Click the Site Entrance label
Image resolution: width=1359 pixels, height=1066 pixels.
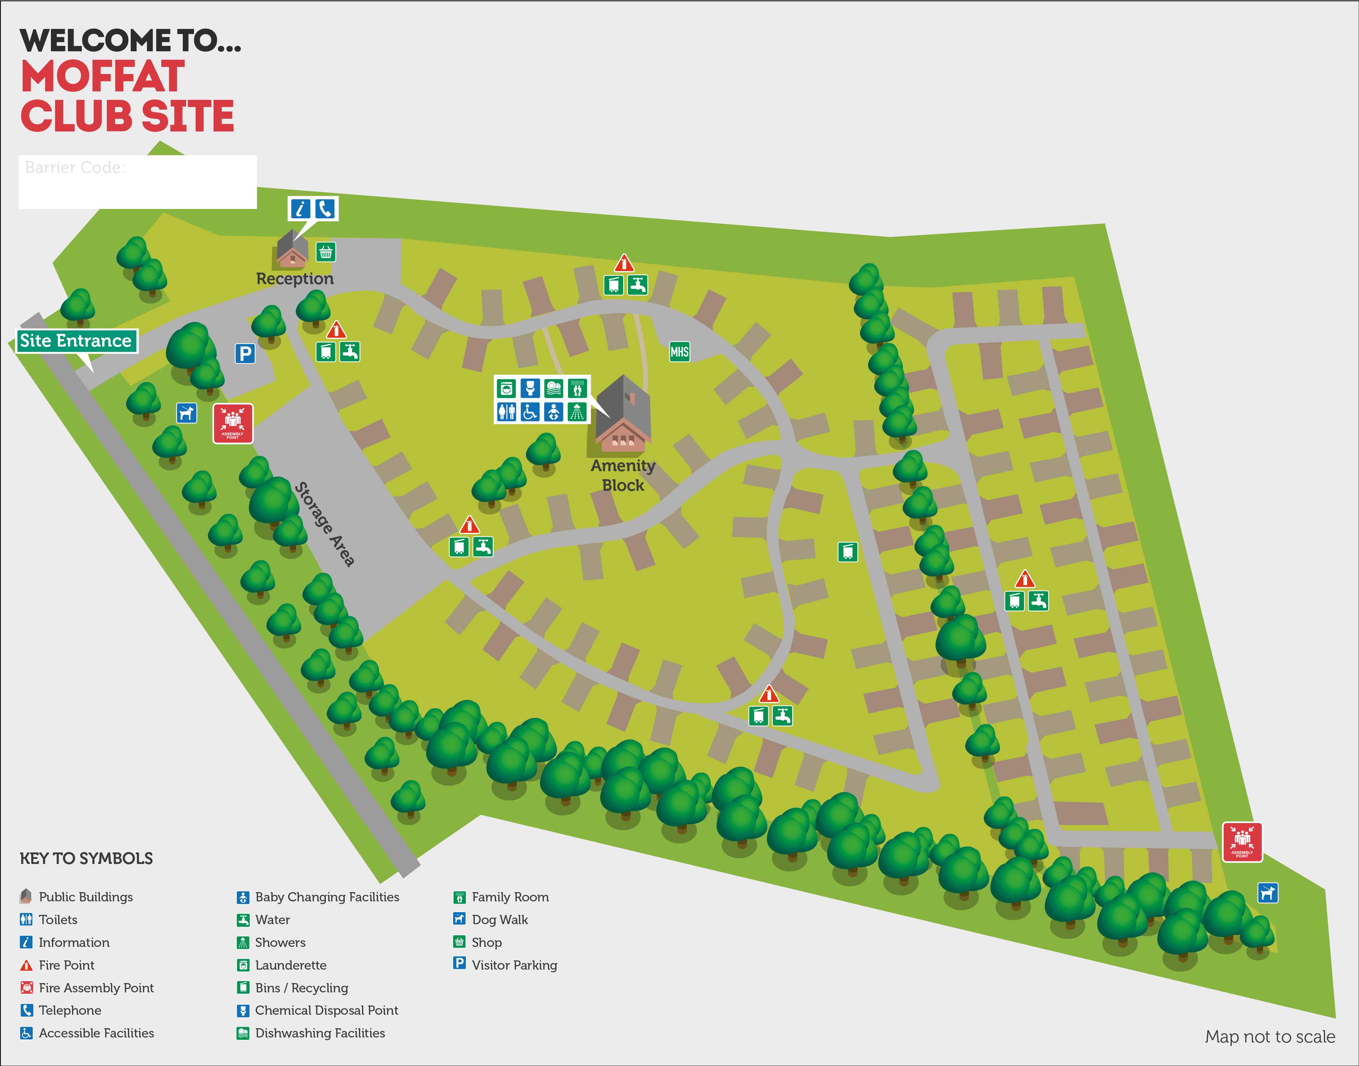pos(76,341)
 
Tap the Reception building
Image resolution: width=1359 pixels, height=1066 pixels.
pos(292,250)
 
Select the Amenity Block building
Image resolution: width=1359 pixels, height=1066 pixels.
pos(623,413)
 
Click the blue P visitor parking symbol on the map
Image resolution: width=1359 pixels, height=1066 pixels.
pos(245,354)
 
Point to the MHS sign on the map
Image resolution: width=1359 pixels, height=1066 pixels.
pos(679,352)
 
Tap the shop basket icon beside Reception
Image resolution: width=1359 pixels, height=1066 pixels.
pos(325,252)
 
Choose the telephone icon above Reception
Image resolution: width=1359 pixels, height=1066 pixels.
pos(325,209)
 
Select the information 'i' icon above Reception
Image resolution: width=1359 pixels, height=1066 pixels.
pos(301,209)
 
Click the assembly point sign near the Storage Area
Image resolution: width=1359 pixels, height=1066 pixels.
pos(233,423)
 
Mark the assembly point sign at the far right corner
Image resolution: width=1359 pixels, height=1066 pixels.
pos(1242,842)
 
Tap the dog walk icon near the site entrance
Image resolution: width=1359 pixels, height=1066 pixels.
pos(186,413)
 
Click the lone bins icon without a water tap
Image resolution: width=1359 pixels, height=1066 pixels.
pos(847,552)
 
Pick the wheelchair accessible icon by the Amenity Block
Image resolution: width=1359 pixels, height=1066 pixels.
pos(530,412)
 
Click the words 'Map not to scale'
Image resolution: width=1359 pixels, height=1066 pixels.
pos(1270,1037)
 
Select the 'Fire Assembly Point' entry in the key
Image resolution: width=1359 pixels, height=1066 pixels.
pos(96,987)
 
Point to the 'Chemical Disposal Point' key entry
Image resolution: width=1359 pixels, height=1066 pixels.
pos(326,1010)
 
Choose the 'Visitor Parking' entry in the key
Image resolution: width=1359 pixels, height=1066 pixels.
pos(514,965)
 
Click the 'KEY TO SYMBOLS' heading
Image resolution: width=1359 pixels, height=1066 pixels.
pos(86,858)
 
